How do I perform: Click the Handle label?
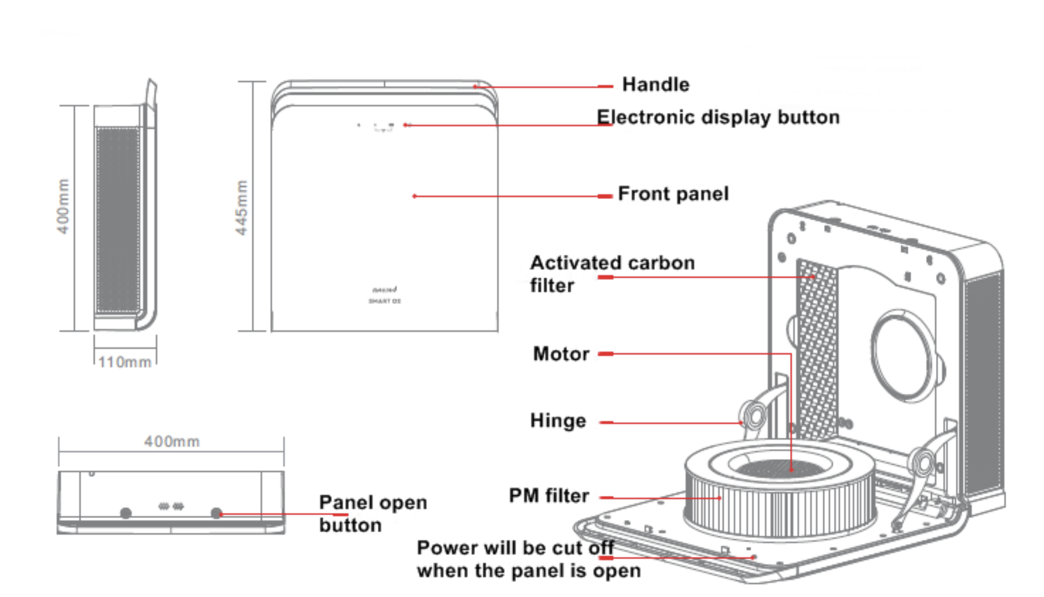point(655,85)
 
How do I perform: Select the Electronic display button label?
point(718,117)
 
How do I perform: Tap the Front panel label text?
point(673,194)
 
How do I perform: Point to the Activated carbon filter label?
point(612,274)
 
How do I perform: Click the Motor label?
point(561,354)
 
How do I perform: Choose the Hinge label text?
point(558,420)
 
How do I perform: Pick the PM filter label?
point(549,495)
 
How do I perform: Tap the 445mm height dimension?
point(242,207)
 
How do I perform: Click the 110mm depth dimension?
point(125,362)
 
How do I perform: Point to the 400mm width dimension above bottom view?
point(172,441)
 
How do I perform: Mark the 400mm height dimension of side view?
point(63,206)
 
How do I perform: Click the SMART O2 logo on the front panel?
point(384,301)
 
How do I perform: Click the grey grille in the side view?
point(118,220)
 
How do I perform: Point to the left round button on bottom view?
point(126,513)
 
